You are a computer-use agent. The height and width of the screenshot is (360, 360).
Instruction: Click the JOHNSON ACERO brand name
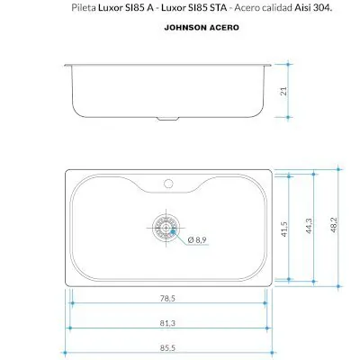[202, 28]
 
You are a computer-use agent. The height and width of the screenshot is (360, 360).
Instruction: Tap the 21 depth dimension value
[283, 91]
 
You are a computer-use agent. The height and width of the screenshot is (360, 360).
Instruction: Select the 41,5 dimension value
[284, 229]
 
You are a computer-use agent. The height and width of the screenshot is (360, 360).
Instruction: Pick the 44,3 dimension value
[309, 226]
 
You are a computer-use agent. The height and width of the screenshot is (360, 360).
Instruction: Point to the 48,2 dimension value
[334, 225]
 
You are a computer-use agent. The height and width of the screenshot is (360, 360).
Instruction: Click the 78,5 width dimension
[167, 299]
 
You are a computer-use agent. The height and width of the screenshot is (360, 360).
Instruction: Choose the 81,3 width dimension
[167, 323]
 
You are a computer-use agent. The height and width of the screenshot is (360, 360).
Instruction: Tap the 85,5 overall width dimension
[167, 348]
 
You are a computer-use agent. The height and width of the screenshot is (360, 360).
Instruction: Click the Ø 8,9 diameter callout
[197, 240]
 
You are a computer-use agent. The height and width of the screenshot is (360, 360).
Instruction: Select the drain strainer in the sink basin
[166, 228]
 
